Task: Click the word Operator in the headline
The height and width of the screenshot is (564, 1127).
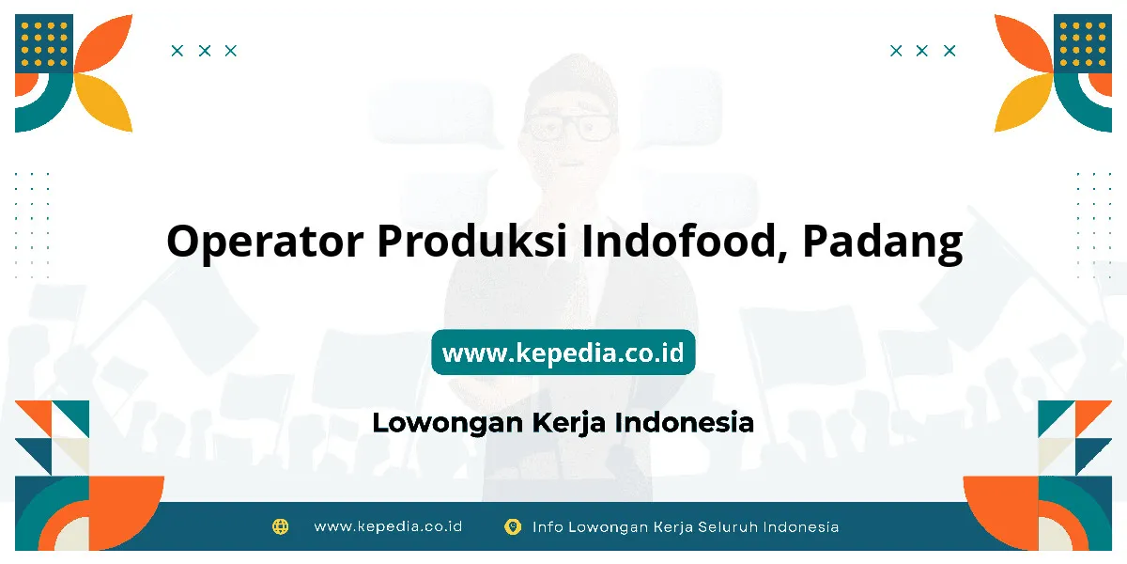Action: [265, 242]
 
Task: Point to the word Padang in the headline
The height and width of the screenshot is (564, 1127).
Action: [883, 243]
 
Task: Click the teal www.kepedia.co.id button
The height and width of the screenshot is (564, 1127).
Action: [563, 352]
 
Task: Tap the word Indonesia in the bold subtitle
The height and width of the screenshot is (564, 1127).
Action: [685, 422]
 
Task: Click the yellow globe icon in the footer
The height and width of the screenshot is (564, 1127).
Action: [280, 526]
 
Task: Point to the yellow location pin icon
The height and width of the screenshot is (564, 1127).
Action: [513, 526]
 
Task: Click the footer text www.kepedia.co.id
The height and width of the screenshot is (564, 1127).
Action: [388, 526]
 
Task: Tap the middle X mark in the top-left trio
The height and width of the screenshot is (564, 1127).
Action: [205, 51]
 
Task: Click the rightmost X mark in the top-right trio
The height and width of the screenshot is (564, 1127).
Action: [949, 51]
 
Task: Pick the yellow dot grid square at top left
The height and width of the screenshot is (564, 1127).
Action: [44, 43]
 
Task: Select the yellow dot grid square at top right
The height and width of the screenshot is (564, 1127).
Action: [1083, 43]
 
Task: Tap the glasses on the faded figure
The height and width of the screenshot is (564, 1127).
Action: [569, 127]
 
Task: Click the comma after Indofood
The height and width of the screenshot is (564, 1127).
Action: [781, 256]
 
